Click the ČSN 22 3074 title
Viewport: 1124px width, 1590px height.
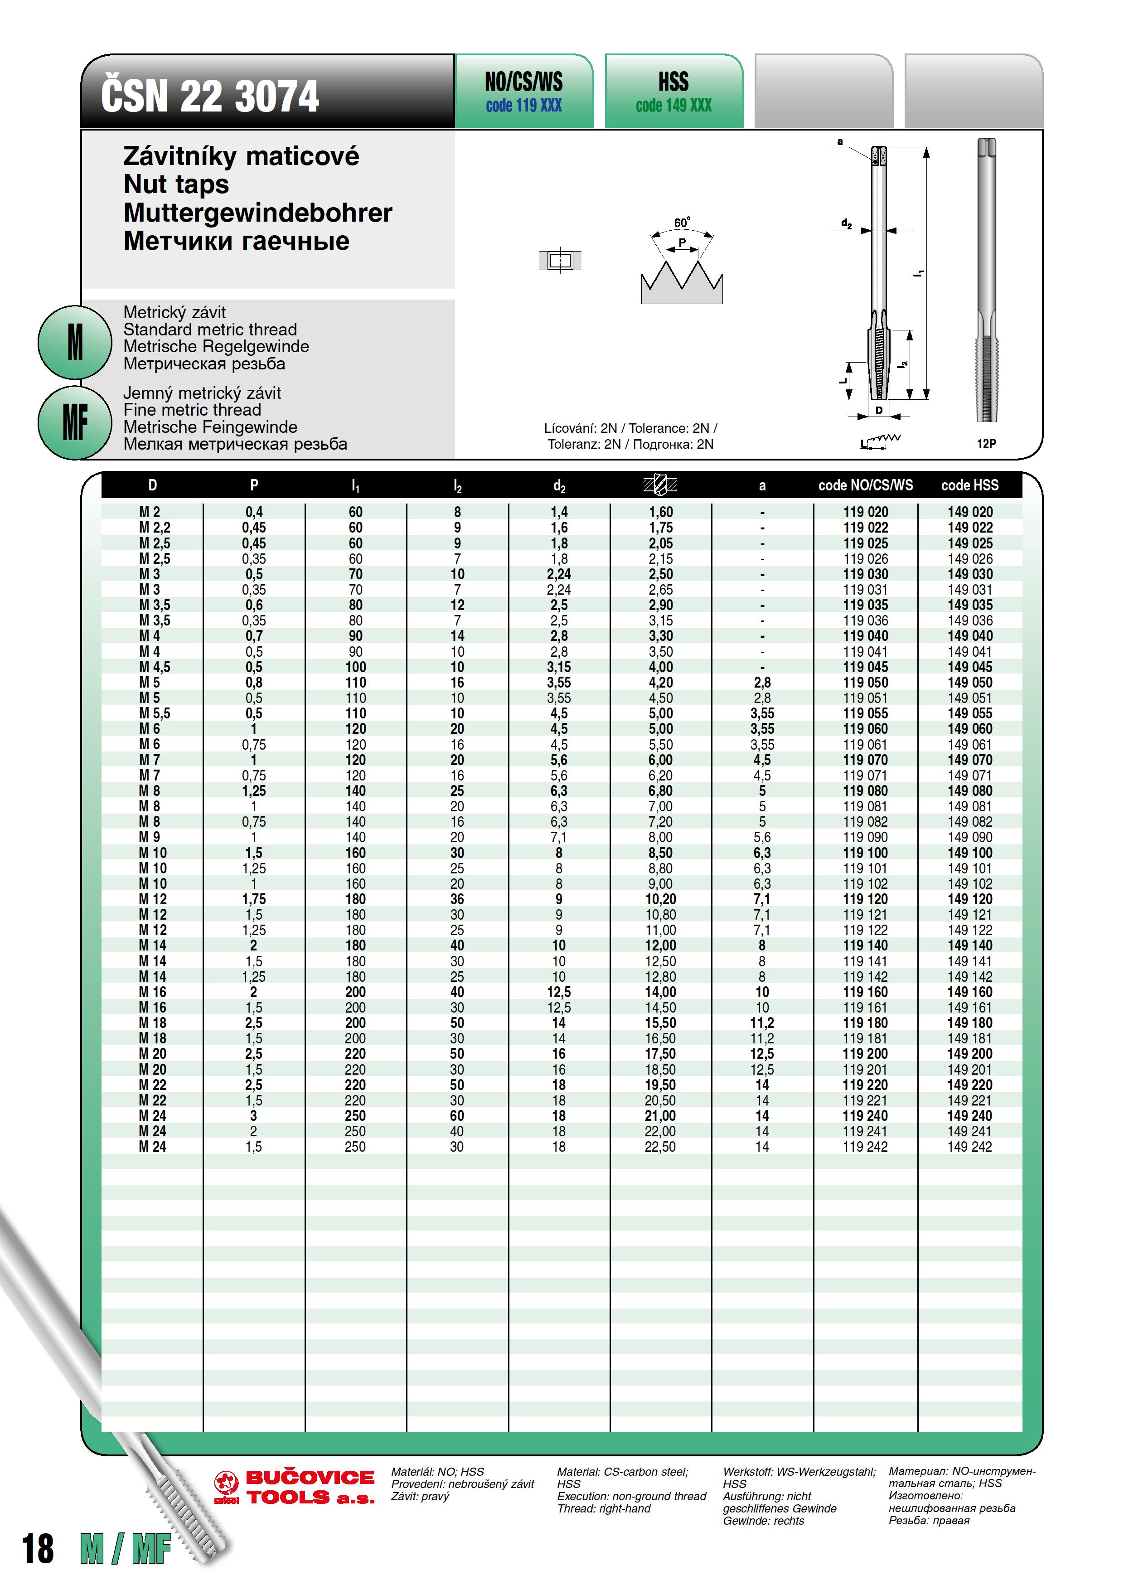pyautogui.click(x=210, y=96)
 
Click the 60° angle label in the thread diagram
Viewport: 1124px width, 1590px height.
pyautogui.click(x=682, y=222)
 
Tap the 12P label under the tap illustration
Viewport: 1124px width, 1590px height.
pyautogui.click(x=986, y=443)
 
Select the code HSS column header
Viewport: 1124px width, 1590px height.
pyautogui.click(x=969, y=485)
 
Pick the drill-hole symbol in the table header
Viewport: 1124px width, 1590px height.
pyautogui.click(x=660, y=485)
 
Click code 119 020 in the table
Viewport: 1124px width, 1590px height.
pyautogui.click(x=866, y=512)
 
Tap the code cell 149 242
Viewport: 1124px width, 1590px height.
pyautogui.click(x=969, y=1147)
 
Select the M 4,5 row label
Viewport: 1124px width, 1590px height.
pyautogui.click(x=155, y=667)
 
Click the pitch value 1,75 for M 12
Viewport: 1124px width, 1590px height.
pyautogui.click(x=253, y=899)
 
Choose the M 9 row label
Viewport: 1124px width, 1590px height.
pyautogui.click(x=150, y=837)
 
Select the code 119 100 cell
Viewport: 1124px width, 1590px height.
pyautogui.click(x=866, y=853)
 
